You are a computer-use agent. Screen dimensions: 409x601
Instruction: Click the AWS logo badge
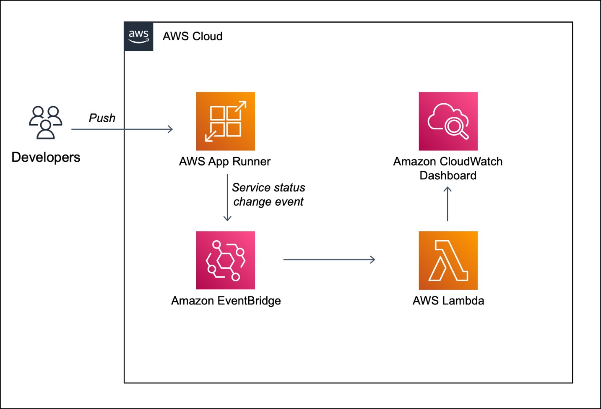point(138,37)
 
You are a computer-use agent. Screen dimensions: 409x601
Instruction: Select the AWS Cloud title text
point(193,37)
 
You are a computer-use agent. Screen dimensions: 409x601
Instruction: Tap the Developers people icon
point(45,122)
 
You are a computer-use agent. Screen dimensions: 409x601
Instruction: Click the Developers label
point(46,157)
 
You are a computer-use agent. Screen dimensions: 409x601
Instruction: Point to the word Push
point(102,118)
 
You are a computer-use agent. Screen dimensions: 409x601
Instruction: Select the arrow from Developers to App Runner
point(122,129)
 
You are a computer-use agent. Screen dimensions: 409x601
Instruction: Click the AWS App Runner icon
point(226,121)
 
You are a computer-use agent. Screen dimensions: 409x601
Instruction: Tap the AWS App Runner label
point(225,162)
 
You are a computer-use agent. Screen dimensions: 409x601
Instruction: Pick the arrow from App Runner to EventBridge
point(227,197)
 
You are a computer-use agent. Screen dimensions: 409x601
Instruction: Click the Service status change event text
point(268,194)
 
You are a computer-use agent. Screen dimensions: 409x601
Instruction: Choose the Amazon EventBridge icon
point(226,260)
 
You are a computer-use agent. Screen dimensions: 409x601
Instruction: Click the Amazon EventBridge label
point(226,301)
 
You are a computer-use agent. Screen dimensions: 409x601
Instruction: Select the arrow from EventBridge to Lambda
point(329,260)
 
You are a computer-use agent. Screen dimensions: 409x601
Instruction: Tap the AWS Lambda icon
point(448,260)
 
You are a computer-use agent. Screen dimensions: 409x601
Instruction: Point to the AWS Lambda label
point(448,301)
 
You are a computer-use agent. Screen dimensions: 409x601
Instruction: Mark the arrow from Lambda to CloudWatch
point(447,204)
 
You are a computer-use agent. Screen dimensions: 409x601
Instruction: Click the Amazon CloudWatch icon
point(448,121)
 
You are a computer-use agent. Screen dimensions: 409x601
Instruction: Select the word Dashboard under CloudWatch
point(448,176)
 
